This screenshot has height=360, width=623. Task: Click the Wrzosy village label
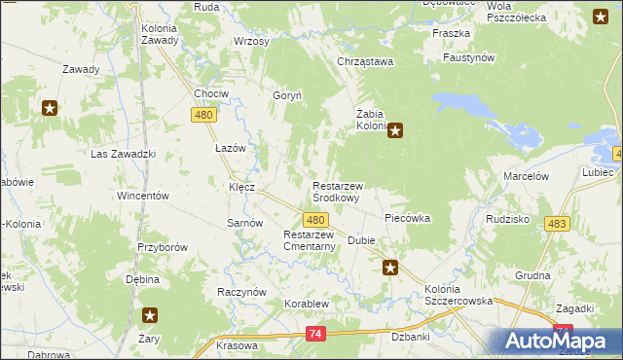tap(251, 42)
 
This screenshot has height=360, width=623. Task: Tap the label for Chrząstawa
tap(363, 62)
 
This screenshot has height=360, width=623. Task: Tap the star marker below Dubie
tap(390, 268)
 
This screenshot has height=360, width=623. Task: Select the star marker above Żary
tap(151, 315)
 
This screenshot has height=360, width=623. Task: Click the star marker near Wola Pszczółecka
tap(601, 16)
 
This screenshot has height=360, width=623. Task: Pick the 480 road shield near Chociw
tap(202, 115)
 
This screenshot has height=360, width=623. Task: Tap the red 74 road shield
tap(314, 334)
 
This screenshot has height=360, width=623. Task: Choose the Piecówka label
tap(408, 218)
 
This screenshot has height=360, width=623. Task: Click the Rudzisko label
tap(506, 219)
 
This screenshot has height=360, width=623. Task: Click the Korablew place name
tap(308, 304)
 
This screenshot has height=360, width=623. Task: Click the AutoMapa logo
tap(559, 341)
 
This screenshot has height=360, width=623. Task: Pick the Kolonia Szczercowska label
tap(459, 295)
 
